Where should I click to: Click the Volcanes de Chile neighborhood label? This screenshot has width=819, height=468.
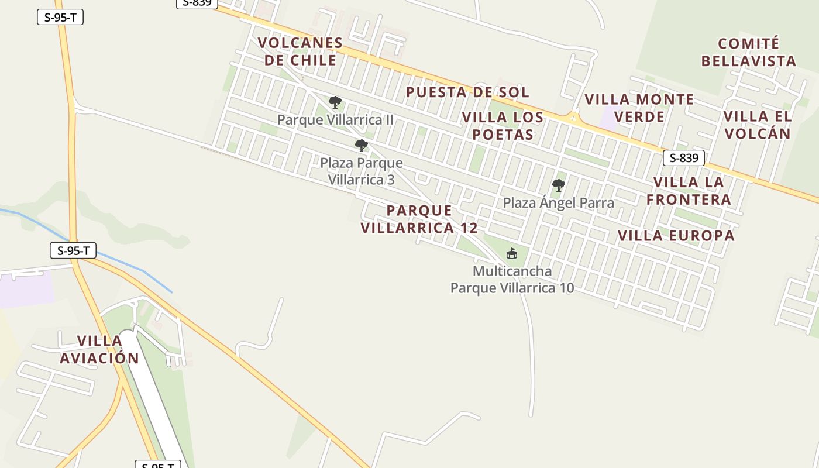[300, 51]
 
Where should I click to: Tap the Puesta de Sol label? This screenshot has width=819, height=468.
[467, 92]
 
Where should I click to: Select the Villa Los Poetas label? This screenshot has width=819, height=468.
[503, 126]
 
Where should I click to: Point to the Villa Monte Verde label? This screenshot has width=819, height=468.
[639, 108]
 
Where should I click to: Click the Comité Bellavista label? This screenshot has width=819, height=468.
[749, 52]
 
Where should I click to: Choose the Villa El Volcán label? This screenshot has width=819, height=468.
[758, 125]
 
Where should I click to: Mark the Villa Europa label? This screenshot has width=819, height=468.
[676, 236]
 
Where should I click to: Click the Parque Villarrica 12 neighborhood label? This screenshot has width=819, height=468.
[419, 219]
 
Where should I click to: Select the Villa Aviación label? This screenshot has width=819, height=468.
[99, 349]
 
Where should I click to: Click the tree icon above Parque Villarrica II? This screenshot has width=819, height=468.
[335, 103]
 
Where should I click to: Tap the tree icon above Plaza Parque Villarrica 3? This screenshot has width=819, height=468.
[362, 146]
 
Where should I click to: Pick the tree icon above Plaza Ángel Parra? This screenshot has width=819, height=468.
[559, 185]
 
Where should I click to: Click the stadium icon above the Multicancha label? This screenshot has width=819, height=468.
[512, 253]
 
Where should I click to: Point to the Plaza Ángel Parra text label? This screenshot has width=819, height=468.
[559, 203]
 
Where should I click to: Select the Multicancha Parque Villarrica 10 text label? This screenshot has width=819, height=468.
[512, 280]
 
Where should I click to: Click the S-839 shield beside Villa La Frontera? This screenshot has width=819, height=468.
[683, 158]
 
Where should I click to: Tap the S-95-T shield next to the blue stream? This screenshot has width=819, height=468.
[73, 251]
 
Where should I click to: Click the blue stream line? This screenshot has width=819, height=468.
[140, 270]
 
